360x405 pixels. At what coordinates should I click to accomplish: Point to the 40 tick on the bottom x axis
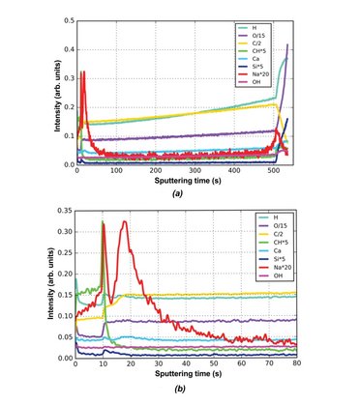click(186, 365)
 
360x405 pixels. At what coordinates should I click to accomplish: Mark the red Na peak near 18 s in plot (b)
click(124, 222)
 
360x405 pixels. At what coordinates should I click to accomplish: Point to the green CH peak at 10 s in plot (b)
click(103, 223)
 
